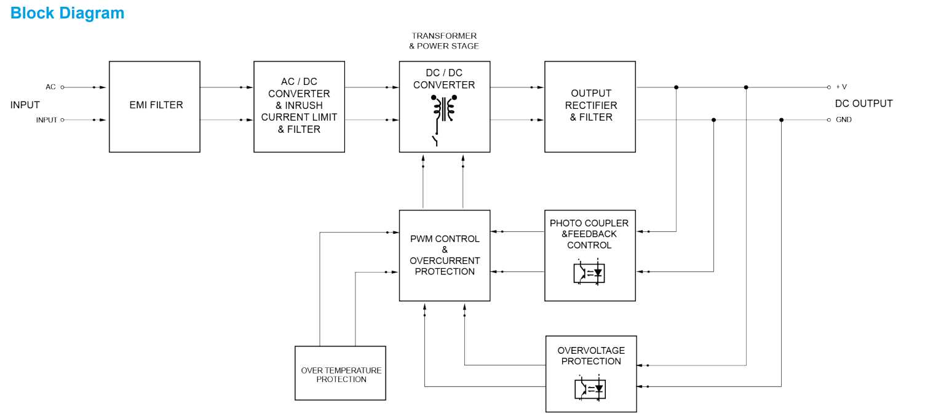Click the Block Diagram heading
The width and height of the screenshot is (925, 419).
point(67,13)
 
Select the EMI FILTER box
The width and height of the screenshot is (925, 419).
point(154,106)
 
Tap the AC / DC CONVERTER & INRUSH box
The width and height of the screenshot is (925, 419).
point(299,106)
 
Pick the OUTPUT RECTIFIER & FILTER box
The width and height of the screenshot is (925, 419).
point(590,106)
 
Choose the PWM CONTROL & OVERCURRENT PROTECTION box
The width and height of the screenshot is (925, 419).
point(444,255)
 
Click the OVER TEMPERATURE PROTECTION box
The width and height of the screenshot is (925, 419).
point(340,373)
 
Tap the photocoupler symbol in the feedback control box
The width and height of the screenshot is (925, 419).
point(589,273)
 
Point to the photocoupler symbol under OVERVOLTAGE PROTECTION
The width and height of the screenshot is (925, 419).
point(590,389)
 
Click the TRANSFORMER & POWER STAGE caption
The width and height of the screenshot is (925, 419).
point(444,41)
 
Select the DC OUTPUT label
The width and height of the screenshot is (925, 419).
point(863,103)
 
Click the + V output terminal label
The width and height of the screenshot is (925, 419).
point(841,87)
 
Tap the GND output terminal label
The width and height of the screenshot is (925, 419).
point(843,120)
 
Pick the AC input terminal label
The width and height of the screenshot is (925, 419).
point(50,87)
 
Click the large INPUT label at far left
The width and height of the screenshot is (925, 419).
point(25,105)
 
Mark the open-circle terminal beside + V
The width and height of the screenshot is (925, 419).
point(829,87)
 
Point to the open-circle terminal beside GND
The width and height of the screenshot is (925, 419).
point(829,120)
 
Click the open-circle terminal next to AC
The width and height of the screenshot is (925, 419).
point(62,87)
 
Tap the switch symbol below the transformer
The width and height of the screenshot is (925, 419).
point(436,140)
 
